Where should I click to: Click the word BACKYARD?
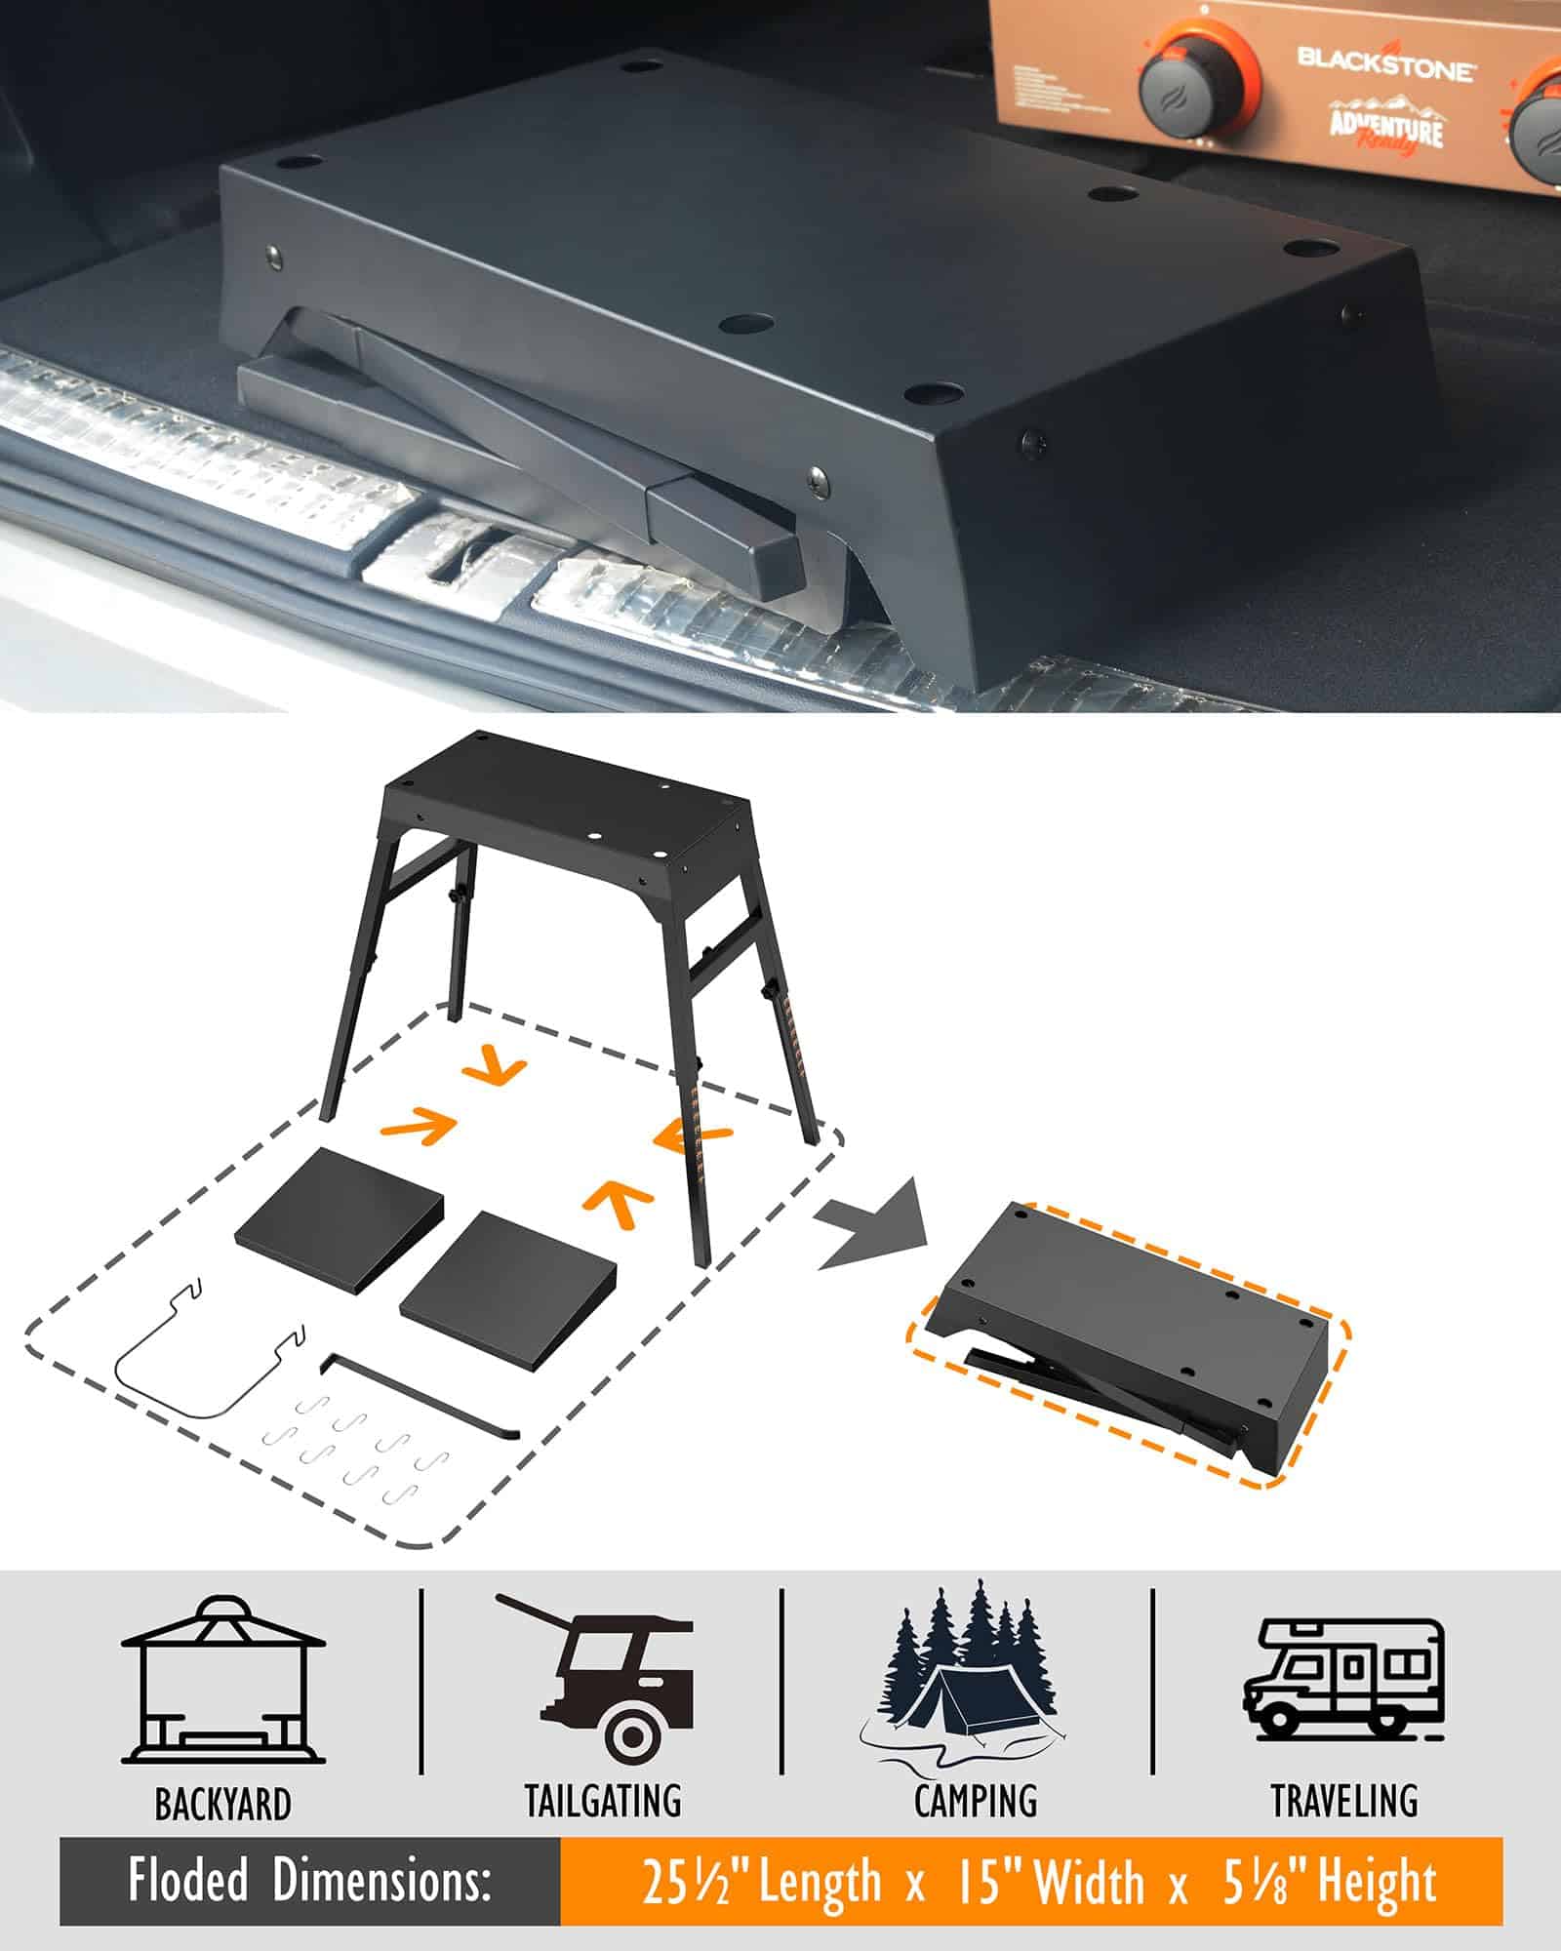click(223, 1804)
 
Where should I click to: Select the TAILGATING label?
click(603, 1801)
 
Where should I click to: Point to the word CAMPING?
click(976, 1801)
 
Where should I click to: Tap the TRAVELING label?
click(1345, 1801)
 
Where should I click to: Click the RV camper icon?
click(1343, 1678)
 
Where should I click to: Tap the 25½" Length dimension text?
click(761, 1882)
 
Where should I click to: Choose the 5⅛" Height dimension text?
click(1331, 1882)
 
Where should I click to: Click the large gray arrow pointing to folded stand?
click(873, 1223)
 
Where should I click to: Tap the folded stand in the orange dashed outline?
click(1132, 1341)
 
